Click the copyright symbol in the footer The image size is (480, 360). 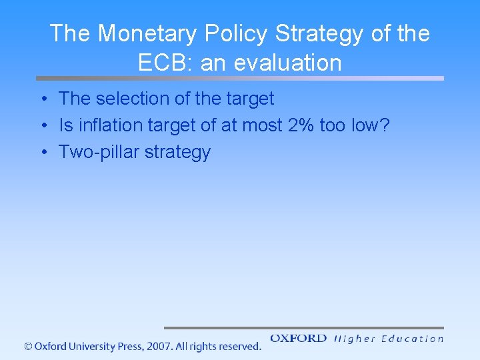28,347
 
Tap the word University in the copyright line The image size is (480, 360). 88,347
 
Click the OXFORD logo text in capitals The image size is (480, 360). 298,339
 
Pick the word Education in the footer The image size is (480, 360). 412,339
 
